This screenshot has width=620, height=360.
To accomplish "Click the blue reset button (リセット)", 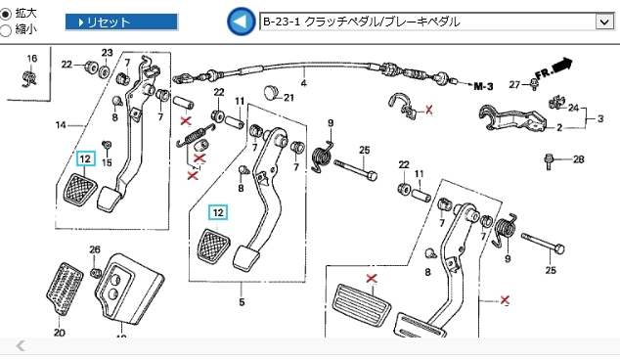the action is (122, 22).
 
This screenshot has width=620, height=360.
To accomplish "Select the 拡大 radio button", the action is (6, 15).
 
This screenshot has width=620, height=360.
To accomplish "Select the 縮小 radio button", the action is (6, 30).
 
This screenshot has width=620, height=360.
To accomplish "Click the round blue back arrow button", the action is (241, 22).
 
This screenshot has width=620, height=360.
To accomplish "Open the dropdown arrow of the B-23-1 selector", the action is (604, 22).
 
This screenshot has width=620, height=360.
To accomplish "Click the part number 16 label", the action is (32, 59).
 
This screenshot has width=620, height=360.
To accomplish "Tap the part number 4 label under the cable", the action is (304, 83).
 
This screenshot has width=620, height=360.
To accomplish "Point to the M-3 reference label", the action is (483, 86).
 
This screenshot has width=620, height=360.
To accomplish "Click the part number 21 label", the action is (288, 97).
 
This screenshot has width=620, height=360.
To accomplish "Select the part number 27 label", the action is (514, 84).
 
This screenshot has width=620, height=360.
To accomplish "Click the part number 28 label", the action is (579, 159).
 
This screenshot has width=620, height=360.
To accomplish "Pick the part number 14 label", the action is (61, 125).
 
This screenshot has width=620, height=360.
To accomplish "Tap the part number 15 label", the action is (107, 162).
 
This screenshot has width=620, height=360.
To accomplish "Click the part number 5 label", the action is (242, 302).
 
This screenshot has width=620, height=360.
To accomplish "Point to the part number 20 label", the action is (60, 333).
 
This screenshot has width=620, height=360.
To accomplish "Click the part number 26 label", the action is (95, 249).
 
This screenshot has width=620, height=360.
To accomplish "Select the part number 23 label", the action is (108, 53).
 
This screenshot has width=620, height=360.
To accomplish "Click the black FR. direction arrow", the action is (562, 66).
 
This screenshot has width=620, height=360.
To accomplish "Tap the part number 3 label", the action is (600, 118).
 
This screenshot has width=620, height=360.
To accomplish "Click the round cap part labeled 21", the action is (271, 92).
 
